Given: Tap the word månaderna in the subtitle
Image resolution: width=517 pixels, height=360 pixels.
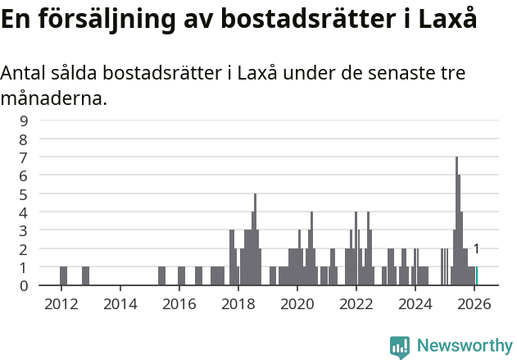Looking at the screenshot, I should point(53,99).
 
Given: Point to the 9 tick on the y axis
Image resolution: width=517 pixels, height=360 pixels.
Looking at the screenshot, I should point(24,121).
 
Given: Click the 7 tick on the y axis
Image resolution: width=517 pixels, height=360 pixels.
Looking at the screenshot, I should point(24,157).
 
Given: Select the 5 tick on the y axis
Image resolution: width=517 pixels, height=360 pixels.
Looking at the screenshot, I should point(24,194).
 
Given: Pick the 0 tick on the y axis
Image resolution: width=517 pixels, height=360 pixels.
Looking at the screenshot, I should point(24,285).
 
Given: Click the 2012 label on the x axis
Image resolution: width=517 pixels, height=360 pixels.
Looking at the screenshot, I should point(61,303).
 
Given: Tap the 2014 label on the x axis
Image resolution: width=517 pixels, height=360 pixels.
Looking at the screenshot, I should point(120,303).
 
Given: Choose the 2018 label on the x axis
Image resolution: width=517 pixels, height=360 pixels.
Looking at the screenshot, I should point(238,303).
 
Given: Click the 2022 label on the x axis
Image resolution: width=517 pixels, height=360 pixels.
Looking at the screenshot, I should point(356,303).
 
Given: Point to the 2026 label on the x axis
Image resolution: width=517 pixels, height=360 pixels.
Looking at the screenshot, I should point(474,303).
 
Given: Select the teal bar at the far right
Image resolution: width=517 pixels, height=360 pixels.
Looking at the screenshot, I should point(477,276).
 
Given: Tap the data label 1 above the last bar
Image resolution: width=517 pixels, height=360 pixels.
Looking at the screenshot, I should point(476,249).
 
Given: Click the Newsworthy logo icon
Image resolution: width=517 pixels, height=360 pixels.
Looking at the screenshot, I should point(400,346).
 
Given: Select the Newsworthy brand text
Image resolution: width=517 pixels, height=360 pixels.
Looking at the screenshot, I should point(464,346).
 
